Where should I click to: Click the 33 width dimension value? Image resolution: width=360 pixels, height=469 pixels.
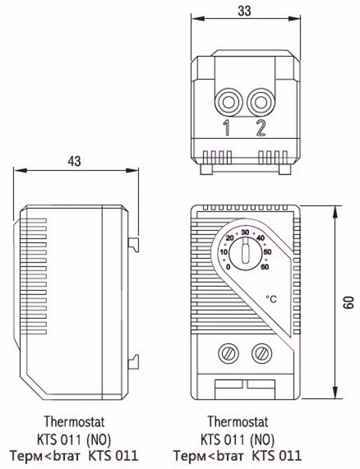(x=244, y=11)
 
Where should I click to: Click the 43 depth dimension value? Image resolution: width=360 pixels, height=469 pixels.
(x=74, y=162)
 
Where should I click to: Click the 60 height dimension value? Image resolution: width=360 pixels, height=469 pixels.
(x=349, y=303)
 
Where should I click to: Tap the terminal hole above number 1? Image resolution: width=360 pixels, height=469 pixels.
(x=229, y=103)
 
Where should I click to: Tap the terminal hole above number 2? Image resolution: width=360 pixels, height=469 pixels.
(x=261, y=103)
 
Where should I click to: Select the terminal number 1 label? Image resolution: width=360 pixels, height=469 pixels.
(x=227, y=128)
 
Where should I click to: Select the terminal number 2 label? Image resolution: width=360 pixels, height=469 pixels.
(x=261, y=128)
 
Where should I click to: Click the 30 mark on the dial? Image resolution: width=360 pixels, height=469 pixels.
(x=245, y=232)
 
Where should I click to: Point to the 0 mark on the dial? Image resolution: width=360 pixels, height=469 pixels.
(x=228, y=267)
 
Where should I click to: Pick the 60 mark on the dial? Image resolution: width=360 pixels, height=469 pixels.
(x=265, y=267)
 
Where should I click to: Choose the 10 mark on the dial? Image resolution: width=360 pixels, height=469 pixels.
(x=224, y=252)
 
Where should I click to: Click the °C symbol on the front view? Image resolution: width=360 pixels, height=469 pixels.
(x=271, y=299)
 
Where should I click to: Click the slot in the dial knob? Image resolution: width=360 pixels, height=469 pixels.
(x=246, y=251)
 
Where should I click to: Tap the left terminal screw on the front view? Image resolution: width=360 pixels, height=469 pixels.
(x=229, y=354)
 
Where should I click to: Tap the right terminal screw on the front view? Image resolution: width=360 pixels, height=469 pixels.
(x=262, y=354)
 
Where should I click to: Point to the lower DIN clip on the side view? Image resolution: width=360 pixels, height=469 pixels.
(x=134, y=361)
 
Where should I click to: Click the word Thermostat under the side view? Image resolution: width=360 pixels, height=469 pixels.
(x=74, y=422)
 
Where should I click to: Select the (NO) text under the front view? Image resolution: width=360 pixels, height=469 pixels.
(x=262, y=440)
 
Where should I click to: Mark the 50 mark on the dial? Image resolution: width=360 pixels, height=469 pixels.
(x=267, y=252)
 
